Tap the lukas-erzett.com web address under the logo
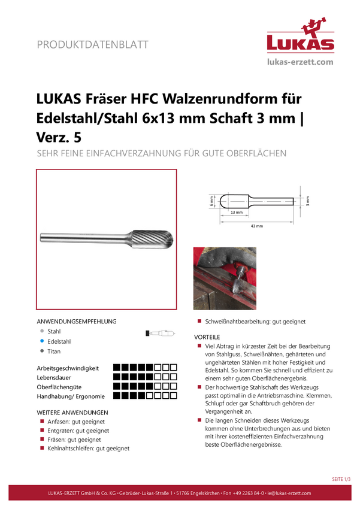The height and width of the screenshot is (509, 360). coord(300,62)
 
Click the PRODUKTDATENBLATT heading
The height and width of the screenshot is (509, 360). coord(92,44)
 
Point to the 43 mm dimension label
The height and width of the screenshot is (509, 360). coord(257,226)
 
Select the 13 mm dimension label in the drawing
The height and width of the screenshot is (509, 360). coord(237,213)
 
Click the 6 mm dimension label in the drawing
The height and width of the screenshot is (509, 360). coord(211,201)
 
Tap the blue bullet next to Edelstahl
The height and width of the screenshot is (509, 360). coord(42,341)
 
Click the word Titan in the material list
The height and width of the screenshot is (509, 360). coord(54,352)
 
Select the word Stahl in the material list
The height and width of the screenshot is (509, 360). coord(54,331)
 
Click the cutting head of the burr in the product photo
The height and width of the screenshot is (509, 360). coord(151,240)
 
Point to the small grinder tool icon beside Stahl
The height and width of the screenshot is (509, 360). coord(161,333)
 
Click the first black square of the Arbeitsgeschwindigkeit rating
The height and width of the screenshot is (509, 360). coord(117,368)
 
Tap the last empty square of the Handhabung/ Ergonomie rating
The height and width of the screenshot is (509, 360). coord(174,396)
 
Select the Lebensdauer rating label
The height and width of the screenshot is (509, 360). coord(54,377)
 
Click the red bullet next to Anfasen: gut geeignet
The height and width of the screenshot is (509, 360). coord(42,421)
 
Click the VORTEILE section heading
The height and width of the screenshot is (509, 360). coord(207,337)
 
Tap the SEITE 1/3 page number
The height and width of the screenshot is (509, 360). coord(341,479)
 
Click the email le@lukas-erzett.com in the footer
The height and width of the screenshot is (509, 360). coord(289,493)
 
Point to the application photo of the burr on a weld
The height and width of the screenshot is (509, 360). coord(225,278)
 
